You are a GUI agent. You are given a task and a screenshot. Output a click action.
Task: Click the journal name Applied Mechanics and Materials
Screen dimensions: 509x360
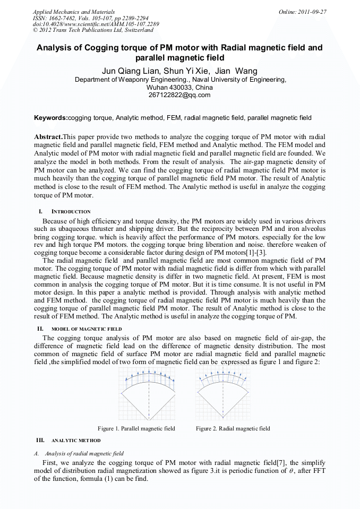pos(73,12)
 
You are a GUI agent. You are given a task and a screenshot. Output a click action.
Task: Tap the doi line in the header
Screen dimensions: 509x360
pos(96,24)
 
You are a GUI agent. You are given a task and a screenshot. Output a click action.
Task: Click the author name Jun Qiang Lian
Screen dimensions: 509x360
pos(127,71)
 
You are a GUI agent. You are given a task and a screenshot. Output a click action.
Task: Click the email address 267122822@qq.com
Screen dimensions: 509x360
pos(180,95)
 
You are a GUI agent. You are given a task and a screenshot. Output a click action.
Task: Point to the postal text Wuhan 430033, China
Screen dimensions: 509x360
pos(179,87)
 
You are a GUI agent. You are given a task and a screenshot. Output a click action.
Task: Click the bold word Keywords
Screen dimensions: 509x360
pos(51,118)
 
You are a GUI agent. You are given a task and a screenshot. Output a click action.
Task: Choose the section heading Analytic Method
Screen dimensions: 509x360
pos(75,441)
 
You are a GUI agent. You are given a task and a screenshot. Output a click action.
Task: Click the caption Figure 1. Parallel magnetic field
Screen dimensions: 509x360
pos(136,428)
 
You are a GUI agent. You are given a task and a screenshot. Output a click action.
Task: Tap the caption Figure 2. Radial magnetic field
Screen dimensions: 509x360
pos(233,428)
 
